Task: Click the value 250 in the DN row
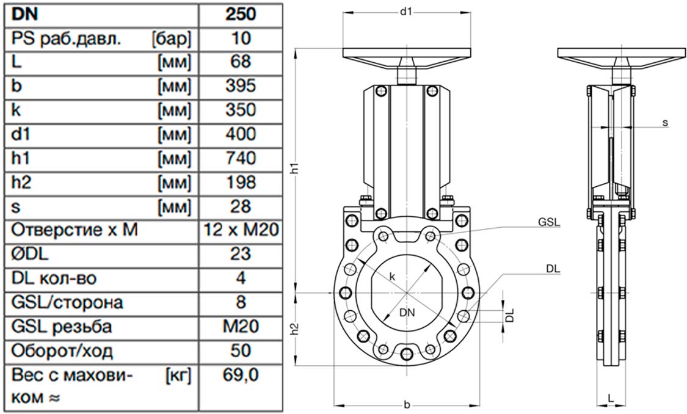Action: pyautogui.click(x=241, y=14)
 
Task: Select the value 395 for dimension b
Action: pyautogui.click(x=241, y=86)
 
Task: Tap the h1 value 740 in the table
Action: pyautogui.click(x=241, y=158)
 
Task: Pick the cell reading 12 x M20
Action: pyautogui.click(x=241, y=230)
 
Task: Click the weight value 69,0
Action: pyautogui.click(x=241, y=375)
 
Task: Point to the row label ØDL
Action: pyautogui.click(x=30, y=253)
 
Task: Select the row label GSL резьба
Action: pyautogui.click(x=61, y=327)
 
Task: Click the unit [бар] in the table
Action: pyautogui.click(x=172, y=39)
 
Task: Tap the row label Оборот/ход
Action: pyautogui.click(x=62, y=351)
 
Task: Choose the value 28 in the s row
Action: pyautogui.click(x=241, y=206)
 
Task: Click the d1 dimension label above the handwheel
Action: pyautogui.click(x=406, y=12)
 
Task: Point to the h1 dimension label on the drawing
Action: pyautogui.click(x=296, y=169)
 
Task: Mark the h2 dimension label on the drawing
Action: pyautogui.click(x=296, y=329)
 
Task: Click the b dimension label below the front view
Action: pyautogui.click(x=407, y=405)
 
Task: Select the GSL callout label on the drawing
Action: pyautogui.click(x=549, y=222)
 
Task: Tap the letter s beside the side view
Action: pyautogui.click(x=665, y=123)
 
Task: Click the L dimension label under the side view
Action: pyautogui.click(x=610, y=398)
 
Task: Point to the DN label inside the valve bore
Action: pyautogui.click(x=407, y=313)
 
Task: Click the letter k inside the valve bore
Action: pyautogui.click(x=393, y=277)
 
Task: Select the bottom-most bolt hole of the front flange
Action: pyautogui.click(x=406, y=353)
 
